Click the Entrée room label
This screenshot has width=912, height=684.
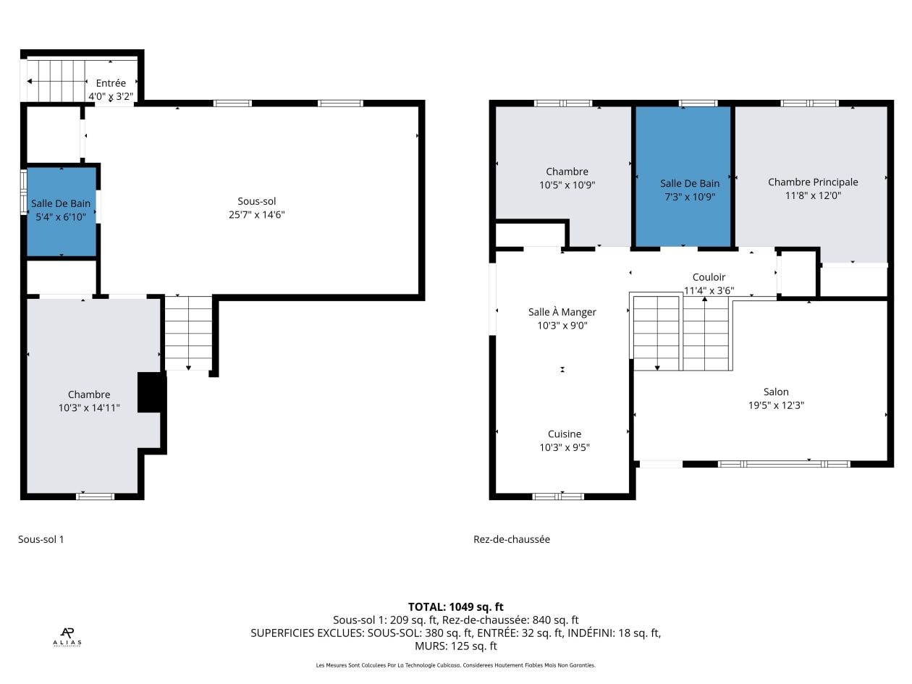111,83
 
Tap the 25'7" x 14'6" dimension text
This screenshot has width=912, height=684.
257,214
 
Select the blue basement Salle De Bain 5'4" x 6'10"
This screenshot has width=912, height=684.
62,211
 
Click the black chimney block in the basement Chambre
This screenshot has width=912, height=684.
152,392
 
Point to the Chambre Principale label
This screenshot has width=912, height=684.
813,182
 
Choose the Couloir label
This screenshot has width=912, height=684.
709,277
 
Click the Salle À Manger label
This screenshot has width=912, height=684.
562,312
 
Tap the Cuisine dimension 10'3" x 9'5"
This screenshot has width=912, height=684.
565,447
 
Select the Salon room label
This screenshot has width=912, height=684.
776,392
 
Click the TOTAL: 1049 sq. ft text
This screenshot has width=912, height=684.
456,607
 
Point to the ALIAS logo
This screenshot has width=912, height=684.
67,637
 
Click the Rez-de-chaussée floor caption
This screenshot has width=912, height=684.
512,539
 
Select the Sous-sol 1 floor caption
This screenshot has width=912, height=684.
41,539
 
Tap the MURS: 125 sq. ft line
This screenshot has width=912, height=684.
456,646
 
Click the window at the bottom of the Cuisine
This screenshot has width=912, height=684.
558,497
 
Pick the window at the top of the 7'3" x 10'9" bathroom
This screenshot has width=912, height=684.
698,103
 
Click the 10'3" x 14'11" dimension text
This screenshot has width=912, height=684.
89,408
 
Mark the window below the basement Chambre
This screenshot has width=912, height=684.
95,497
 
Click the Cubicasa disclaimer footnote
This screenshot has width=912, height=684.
456,665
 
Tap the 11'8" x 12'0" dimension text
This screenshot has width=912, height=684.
813,195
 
